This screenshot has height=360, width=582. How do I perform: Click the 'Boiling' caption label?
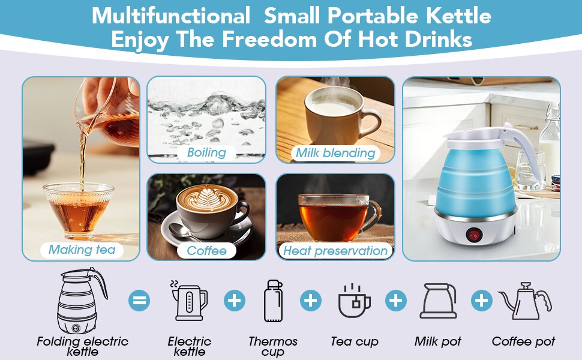[x=206, y=152]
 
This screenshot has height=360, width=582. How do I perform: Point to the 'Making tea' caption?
[x=82, y=250]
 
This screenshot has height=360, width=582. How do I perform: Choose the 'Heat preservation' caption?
[x=335, y=251]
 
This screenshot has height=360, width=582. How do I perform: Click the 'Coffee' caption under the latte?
[x=207, y=251]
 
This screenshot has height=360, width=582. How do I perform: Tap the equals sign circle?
[x=140, y=299]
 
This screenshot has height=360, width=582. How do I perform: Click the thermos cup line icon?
[x=273, y=301]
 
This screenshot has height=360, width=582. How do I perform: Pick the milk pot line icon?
[x=438, y=301]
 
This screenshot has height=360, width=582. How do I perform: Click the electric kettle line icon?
[x=189, y=301]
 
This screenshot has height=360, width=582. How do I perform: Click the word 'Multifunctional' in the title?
[x=172, y=16]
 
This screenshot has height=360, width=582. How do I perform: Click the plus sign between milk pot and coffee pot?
[x=482, y=300]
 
